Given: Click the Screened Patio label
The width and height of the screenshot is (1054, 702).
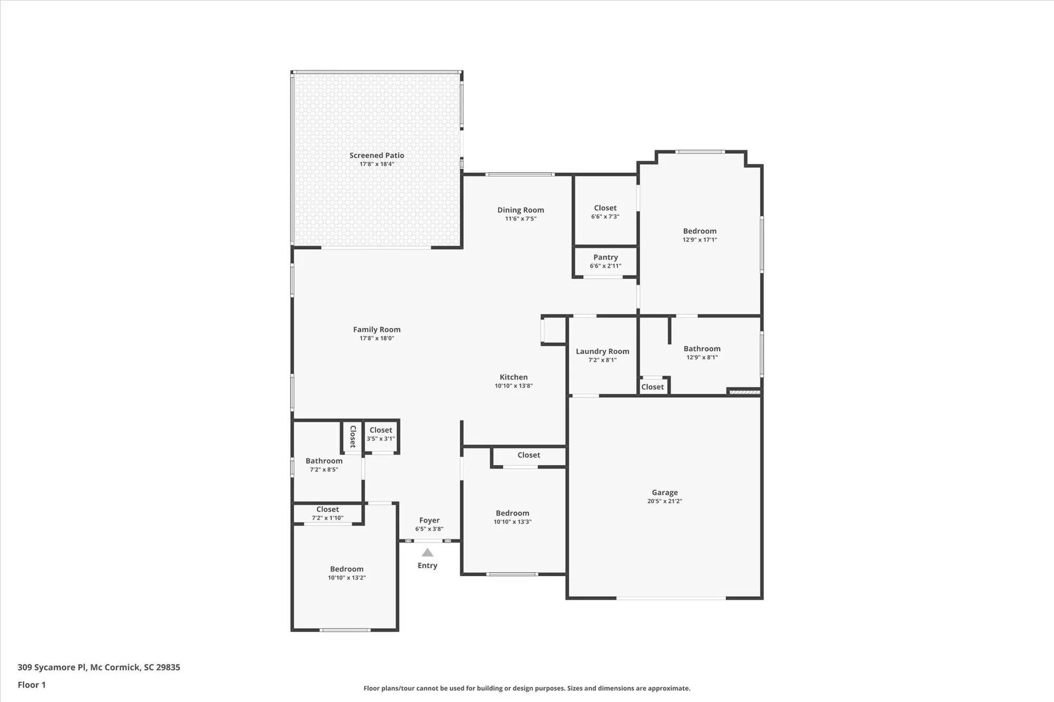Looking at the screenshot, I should (x=376, y=155).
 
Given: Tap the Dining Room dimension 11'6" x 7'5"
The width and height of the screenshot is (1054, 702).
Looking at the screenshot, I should (x=521, y=219).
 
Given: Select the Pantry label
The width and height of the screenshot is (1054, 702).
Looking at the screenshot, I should (x=605, y=257).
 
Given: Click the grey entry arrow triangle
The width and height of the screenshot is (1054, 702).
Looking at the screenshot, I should (x=427, y=553).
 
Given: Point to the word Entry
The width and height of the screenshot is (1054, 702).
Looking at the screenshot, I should (x=427, y=566).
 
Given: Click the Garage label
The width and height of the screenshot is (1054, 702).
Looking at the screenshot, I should (x=665, y=492).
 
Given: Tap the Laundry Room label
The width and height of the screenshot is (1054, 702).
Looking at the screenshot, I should (x=602, y=351).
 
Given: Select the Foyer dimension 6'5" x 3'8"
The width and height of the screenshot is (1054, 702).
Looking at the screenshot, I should (x=429, y=529).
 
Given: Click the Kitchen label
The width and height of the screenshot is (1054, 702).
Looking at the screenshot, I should (x=513, y=377).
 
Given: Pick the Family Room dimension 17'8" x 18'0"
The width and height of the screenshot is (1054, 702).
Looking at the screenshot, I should (x=376, y=338).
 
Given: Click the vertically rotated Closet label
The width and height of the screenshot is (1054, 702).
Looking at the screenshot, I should (x=353, y=437).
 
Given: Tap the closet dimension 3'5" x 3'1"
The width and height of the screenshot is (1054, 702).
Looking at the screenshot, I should (x=380, y=439).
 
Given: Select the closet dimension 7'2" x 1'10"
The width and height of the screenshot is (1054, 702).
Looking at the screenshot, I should (x=327, y=518).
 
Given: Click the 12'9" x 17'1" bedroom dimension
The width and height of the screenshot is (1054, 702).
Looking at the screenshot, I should (x=699, y=240).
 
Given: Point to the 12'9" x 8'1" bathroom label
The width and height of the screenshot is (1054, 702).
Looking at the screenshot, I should (x=702, y=349).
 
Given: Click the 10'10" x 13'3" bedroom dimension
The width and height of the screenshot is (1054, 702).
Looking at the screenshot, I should (x=512, y=522).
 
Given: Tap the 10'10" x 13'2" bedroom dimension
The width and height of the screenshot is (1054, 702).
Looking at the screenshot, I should (x=346, y=578).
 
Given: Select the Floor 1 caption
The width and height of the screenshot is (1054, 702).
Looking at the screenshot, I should (x=32, y=685).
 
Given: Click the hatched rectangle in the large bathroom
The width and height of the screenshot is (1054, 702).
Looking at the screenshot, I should (x=745, y=392).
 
